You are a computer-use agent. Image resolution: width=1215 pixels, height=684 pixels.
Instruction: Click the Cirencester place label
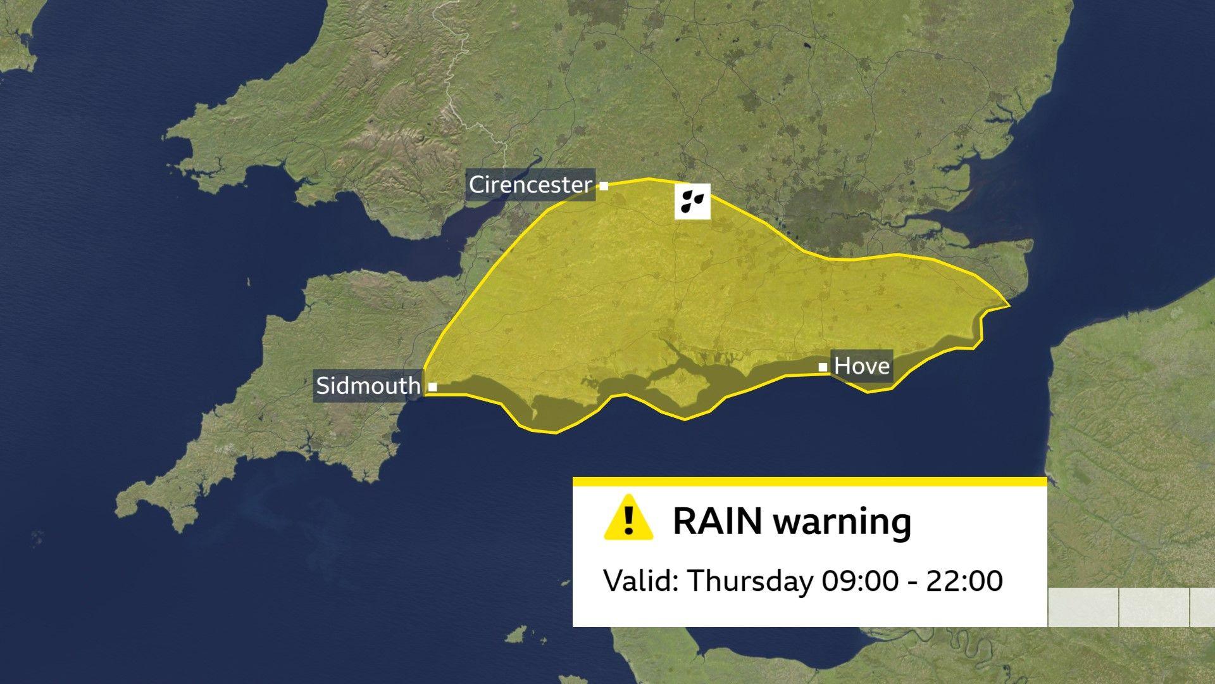coord(530,185)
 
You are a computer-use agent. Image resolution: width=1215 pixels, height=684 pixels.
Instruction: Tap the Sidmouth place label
coord(368,385)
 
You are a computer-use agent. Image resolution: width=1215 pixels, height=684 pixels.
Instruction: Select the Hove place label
coord(862,365)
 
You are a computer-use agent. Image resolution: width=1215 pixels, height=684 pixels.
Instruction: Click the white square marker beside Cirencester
coord(604,186)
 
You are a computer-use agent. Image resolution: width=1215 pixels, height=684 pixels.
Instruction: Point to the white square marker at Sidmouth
coord(433,386)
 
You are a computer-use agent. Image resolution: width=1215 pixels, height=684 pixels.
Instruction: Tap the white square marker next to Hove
coord(823,367)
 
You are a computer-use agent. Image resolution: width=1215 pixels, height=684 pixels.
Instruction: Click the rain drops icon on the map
coord(692,201)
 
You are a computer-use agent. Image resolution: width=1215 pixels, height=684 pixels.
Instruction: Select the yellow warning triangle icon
coord(628,519)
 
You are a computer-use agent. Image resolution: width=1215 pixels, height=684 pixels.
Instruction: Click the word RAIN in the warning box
coord(718,521)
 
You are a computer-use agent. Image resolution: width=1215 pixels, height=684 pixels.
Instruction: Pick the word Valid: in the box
coord(641,580)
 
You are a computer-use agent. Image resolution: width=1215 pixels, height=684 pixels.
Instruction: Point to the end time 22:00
coord(964,581)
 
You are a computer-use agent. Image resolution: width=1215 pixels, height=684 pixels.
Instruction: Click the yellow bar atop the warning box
coord(809,482)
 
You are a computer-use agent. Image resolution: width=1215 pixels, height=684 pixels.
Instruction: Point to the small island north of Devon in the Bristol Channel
coord(248,282)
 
